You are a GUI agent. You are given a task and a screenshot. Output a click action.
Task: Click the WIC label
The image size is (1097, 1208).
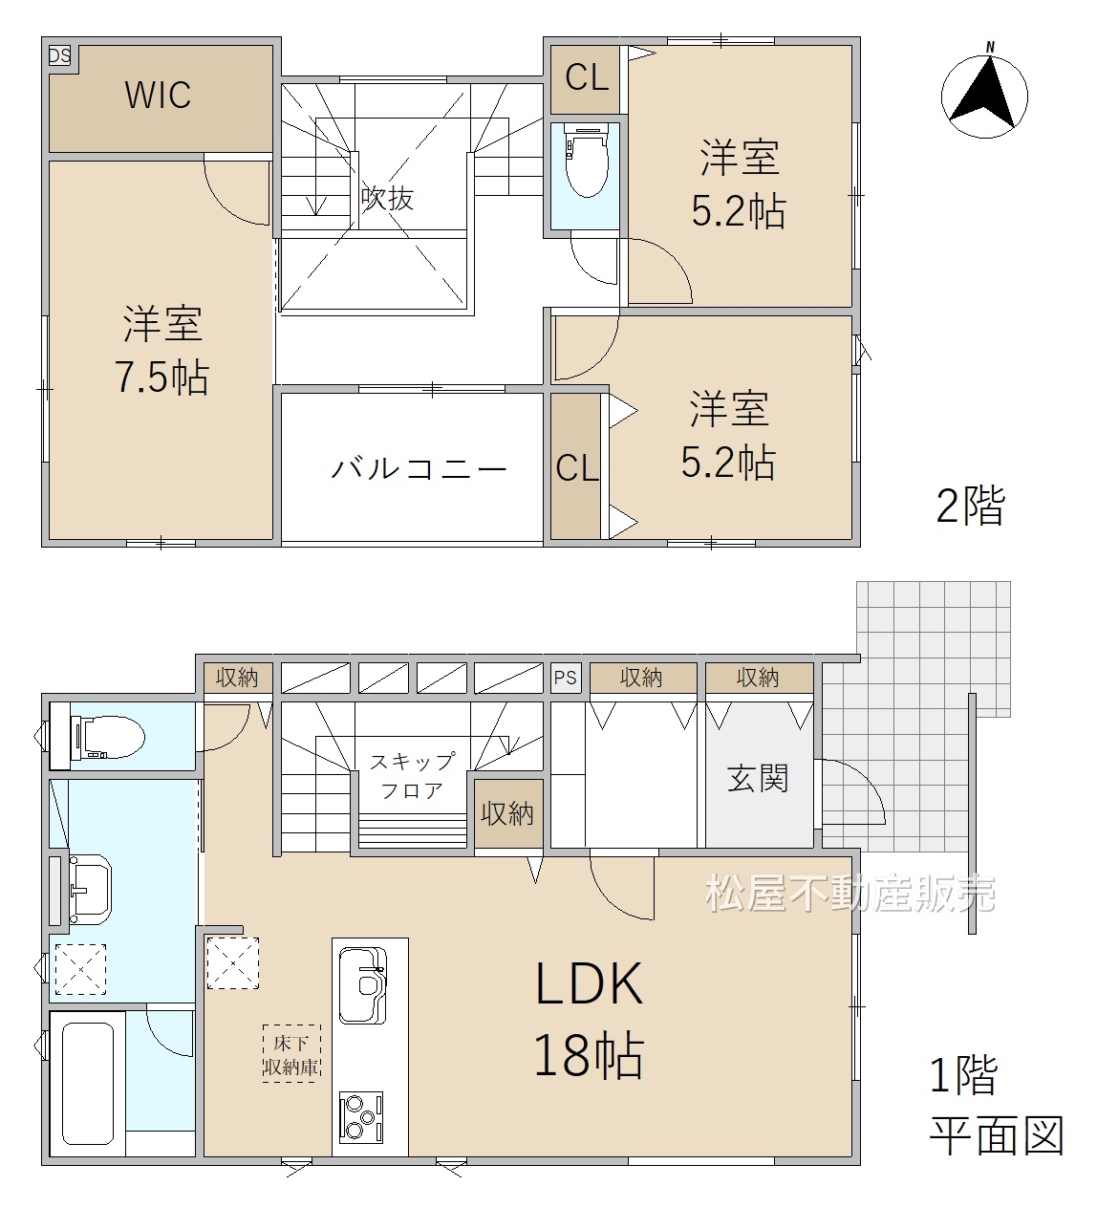click(158, 95)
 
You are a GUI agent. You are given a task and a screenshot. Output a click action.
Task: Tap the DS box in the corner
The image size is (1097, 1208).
click(59, 56)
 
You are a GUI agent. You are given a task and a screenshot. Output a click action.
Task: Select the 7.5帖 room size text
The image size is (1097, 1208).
click(161, 377)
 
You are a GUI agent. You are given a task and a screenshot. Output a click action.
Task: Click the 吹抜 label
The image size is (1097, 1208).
click(387, 198)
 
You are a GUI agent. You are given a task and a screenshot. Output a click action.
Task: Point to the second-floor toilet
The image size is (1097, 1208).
click(586, 160)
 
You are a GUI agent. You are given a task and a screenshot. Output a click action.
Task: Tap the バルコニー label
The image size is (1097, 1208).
click(419, 468)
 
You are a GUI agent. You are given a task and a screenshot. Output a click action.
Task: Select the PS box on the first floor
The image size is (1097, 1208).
click(565, 678)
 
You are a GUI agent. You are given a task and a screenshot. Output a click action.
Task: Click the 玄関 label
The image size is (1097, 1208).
click(758, 778)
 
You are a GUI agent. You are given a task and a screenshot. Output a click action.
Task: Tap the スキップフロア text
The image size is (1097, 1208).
click(412, 776)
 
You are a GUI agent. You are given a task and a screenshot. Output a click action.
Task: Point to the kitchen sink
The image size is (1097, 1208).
click(362, 985)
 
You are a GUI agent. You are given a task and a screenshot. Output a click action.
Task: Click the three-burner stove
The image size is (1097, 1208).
click(361, 1117)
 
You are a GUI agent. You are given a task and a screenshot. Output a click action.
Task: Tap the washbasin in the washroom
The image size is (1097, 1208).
click(90, 889)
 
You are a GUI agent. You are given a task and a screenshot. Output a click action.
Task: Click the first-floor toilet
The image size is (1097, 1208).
click(107, 737)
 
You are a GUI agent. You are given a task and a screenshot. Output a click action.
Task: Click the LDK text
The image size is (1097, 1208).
click(590, 984)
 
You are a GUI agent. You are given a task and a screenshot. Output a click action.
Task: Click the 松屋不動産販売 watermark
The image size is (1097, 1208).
click(850, 893)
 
